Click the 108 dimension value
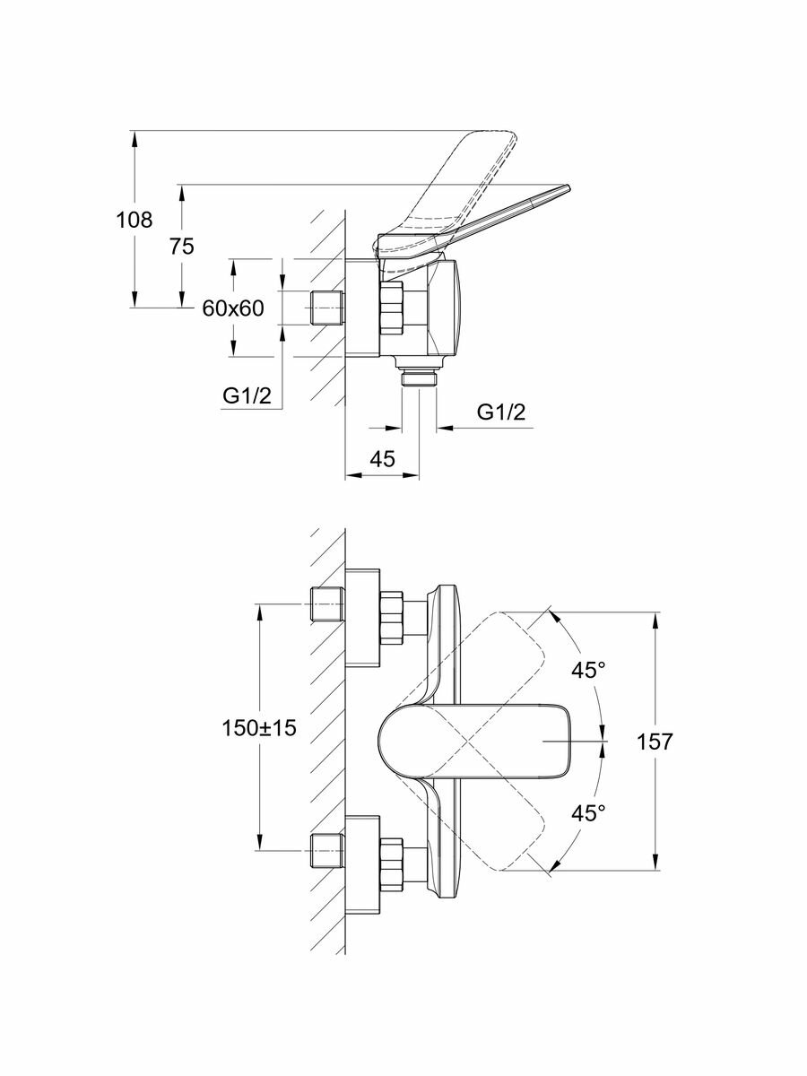click(x=134, y=219)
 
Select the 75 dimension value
click(x=182, y=247)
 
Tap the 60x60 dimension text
click(x=232, y=308)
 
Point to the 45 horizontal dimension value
click(x=383, y=459)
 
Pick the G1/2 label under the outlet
click(x=500, y=412)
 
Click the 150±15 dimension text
click(x=259, y=728)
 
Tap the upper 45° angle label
click(x=589, y=669)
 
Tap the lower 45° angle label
click(x=589, y=813)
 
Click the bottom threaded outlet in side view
click(x=420, y=377)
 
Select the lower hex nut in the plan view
click(x=393, y=863)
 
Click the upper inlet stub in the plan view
click(x=326, y=606)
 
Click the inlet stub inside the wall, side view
click(x=326, y=308)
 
